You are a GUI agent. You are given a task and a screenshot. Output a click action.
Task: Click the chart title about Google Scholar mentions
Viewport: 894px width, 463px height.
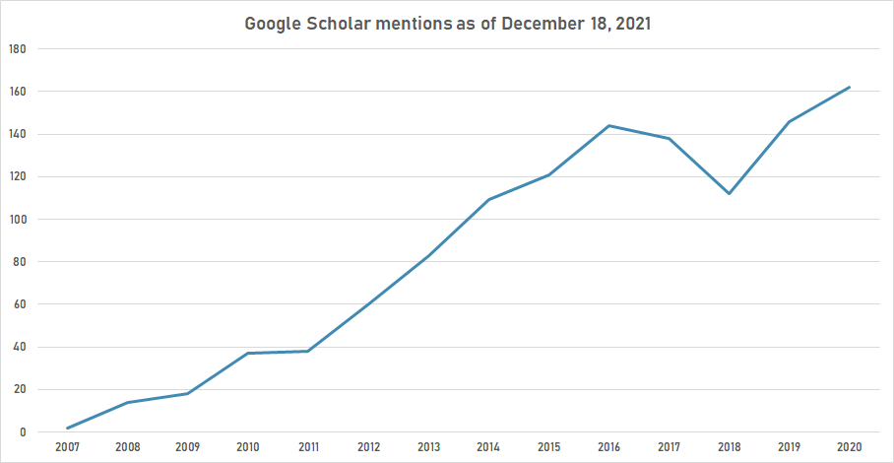click(x=447, y=24)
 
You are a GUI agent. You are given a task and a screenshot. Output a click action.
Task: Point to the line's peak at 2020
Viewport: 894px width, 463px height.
click(x=849, y=87)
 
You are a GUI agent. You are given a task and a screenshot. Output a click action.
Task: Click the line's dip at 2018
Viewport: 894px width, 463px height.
click(x=729, y=193)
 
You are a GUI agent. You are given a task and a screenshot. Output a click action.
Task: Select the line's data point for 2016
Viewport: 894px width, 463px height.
click(x=608, y=125)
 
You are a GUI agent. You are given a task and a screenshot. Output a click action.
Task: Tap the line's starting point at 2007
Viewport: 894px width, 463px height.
click(x=67, y=428)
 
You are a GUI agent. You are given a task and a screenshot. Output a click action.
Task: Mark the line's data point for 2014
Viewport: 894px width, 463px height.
click(x=488, y=200)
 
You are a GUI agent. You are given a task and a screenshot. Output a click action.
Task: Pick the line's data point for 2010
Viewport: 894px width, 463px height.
click(x=248, y=354)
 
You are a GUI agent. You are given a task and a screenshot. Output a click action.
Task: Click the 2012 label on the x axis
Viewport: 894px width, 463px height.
click(x=368, y=447)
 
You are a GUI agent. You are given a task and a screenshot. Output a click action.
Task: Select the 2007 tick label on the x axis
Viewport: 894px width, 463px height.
click(x=67, y=447)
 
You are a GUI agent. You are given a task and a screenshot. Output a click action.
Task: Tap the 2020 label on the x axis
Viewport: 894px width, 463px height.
click(x=849, y=447)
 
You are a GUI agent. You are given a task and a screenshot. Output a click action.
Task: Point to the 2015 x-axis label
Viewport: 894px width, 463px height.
click(x=548, y=447)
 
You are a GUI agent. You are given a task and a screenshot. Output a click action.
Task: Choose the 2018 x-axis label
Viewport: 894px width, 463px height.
click(x=729, y=447)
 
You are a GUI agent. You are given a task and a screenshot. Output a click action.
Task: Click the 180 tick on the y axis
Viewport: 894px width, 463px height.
click(x=18, y=49)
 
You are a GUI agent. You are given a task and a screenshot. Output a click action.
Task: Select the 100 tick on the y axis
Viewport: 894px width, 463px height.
click(x=18, y=220)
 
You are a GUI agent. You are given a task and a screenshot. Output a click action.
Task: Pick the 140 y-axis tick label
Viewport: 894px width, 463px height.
click(x=18, y=134)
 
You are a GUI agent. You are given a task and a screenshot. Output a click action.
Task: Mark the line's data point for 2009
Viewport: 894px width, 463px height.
click(x=187, y=394)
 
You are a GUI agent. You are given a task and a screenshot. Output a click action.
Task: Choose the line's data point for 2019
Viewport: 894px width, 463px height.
click(x=789, y=121)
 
